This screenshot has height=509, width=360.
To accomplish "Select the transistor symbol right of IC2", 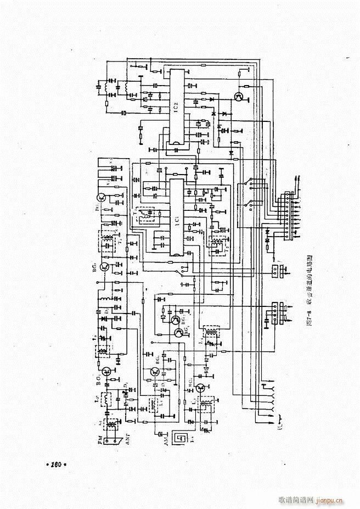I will (239, 97).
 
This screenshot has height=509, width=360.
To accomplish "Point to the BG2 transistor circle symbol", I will (104, 267).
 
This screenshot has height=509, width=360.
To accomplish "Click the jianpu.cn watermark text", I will (330, 500).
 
